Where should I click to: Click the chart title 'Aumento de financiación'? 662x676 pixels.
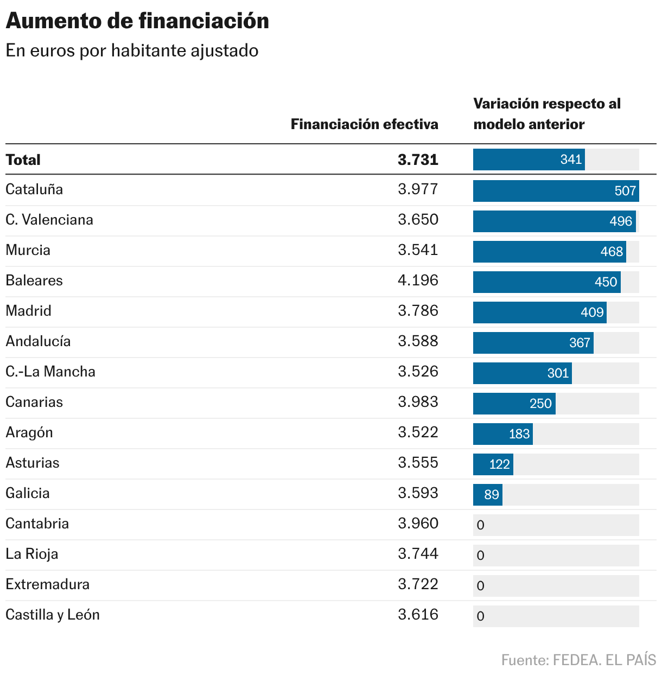tap(137, 21)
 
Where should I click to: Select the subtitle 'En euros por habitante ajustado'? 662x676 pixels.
tap(132, 50)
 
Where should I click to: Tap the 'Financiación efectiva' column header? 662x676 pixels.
tap(364, 124)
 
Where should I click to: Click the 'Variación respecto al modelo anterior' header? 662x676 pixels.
tap(546, 114)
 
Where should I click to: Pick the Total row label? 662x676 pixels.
tap(23, 160)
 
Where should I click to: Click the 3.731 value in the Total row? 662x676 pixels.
tap(418, 160)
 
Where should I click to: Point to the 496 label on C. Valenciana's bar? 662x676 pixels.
tap(620, 221)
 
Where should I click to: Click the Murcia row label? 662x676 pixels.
tap(28, 250)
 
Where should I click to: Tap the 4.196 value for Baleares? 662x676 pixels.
tap(418, 280)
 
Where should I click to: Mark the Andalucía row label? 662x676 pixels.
tap(38, 341)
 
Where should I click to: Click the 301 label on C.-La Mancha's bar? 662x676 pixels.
tap(558, 373)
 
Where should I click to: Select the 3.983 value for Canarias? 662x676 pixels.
tap(418, 402)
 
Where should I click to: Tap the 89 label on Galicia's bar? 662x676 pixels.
tap(492, 495)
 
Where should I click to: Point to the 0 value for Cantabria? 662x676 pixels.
tap(480, 525)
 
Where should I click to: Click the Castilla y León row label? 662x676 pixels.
tap(53, 615)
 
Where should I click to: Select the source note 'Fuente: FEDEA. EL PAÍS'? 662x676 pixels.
tap(578, 660)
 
